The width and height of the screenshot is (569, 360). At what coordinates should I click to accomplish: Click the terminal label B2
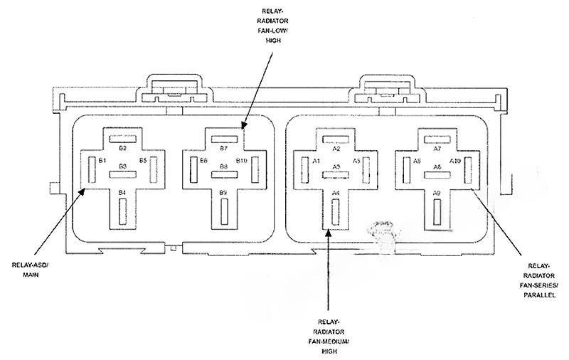click(122, 148)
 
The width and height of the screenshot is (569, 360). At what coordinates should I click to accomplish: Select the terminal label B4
click(122, 192)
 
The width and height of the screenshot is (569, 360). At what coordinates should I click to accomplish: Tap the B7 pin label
click(223, 148)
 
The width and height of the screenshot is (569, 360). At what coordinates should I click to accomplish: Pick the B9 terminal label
click(223, 192)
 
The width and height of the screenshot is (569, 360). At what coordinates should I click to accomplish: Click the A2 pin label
click(336, 148)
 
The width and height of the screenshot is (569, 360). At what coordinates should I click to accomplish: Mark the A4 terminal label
click(336, 193)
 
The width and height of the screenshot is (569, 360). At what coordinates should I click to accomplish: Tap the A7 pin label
click(437, 148)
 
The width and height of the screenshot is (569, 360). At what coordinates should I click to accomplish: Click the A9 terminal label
click(437, 193)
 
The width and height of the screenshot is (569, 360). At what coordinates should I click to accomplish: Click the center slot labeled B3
click(122, 174)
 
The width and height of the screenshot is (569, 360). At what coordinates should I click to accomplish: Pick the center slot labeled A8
click(437, 174)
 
